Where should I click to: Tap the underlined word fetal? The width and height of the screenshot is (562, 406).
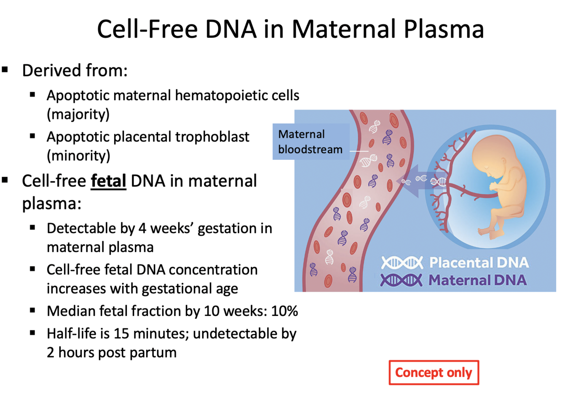click(x=108, y=181)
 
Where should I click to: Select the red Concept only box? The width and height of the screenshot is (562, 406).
click(x=434, y=372)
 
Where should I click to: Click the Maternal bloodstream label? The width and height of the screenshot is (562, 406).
click(x=310, y=142)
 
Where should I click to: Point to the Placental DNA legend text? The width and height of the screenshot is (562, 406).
click(x=479, y=263)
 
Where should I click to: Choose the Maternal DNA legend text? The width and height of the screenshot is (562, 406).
click(x=477, y=280)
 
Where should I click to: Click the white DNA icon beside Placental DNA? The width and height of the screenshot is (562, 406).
click(x=401, y=263)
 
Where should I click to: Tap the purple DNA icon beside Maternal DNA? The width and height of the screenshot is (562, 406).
click(x=401, y=280)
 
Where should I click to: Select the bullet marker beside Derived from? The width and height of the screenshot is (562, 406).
click(x=5, y=70)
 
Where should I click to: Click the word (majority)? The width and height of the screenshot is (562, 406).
click(x=78, y=114)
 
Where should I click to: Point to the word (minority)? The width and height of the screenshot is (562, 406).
click(x=78, y=156)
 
